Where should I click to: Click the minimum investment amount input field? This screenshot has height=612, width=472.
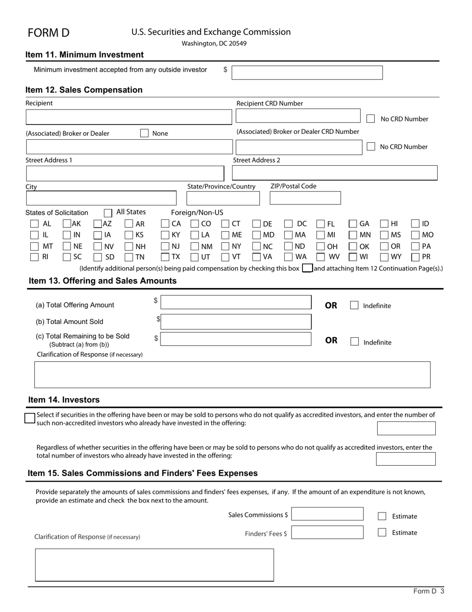coord(307,73)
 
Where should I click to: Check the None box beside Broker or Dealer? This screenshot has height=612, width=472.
coord(144,133)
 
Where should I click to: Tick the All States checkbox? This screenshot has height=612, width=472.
coord(108,213)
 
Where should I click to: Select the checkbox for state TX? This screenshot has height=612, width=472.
coord(165,257)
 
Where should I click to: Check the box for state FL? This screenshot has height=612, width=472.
coord(320,224)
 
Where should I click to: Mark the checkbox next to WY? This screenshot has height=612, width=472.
coord(384,257)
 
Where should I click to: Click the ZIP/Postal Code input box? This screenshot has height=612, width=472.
coord(305,198)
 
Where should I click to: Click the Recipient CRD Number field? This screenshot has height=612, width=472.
coord(298,116)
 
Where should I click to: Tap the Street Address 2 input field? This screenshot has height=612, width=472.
coord(334,173)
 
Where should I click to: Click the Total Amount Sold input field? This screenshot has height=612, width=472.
coord(236,322)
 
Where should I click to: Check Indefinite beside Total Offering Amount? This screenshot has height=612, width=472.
coord(354,306)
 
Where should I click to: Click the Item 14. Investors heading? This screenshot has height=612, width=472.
coord(64,400)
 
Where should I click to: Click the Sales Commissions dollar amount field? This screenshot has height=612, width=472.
coord(327,514)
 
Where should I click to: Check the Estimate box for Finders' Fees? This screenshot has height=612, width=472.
coord(382,532)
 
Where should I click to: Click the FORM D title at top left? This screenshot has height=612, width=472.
coord(49,33)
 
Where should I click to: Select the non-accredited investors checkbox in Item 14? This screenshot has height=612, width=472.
coord(30,418)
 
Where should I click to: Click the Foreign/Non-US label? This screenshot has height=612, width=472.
coord(197,212)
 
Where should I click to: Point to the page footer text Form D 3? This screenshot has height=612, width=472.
coord(428,592)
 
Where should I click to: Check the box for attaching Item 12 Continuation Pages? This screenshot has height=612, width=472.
coord(307,268)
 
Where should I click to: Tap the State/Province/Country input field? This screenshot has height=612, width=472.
coord(223,198)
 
